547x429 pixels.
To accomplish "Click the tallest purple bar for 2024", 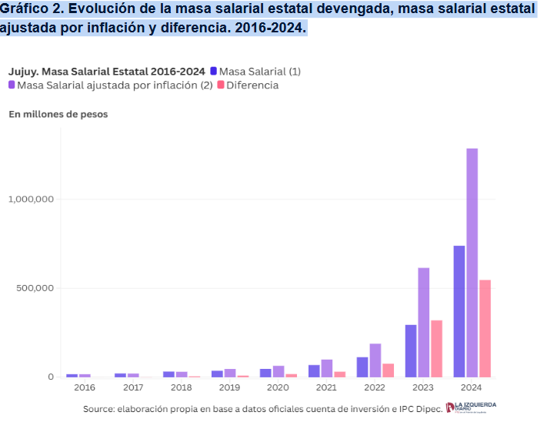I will point(472,262).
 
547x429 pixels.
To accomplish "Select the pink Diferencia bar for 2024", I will point(485,328).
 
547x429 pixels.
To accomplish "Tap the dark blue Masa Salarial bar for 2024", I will point(459,311).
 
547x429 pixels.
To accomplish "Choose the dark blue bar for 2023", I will point(411,350).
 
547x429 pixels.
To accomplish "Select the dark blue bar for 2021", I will point(314,370).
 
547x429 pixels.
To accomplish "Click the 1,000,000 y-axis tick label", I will point(30,199).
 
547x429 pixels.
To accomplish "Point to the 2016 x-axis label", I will point(85,387).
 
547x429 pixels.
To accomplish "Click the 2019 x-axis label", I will point(230,387).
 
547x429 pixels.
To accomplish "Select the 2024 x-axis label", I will point(472,387).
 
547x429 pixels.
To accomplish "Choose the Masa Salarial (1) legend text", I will point(259,72).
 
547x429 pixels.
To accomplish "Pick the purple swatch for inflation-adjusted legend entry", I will point(12,85).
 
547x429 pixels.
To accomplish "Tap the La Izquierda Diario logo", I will point(471,407).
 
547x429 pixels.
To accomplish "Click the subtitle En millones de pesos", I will point(58,114).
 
